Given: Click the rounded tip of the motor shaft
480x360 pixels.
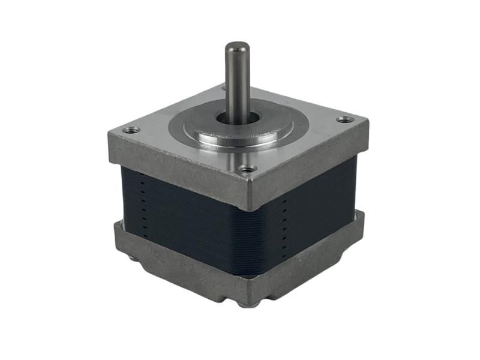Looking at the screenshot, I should pyautogui.click(x=237, y=46).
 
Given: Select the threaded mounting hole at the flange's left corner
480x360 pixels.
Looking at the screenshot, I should pyautogui.click(x=131, y=129).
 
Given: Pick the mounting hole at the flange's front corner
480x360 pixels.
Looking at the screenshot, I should pyautogui.click(x=244, y=169).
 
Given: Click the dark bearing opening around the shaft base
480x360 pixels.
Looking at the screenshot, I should pyautogui.click(x=238, y=117).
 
